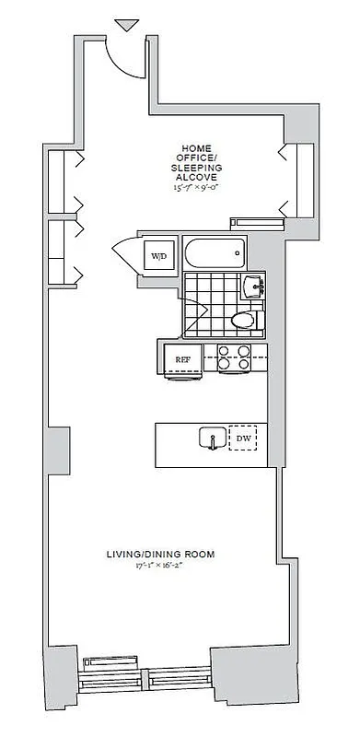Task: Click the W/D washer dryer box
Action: (159, 255)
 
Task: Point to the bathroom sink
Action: (251, 287)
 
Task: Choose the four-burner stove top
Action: (233, 357)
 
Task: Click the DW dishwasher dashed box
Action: (243, 439)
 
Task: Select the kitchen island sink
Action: (212, 439)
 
